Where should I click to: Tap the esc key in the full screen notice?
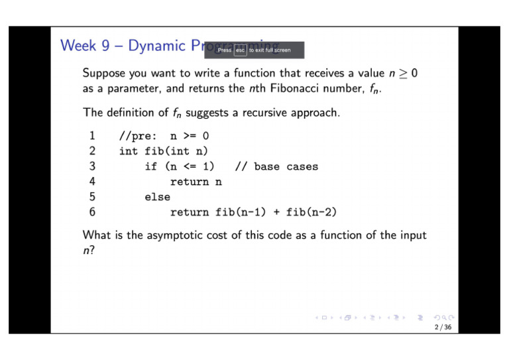(x=241, y=50)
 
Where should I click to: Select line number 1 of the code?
(x=92, y=137)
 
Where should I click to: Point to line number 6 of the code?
(x=92, y=212)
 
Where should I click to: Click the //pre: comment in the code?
(x=138, y=137)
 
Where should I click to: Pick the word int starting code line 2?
(x=129, y=152)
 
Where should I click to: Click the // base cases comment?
(x=276, y=167)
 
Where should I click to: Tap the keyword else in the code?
(x=157, y=197)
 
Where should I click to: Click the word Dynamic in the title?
(x=157, y=46)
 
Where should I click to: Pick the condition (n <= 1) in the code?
(x=189, y=167)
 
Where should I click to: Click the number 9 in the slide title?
(x=106, y=46)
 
